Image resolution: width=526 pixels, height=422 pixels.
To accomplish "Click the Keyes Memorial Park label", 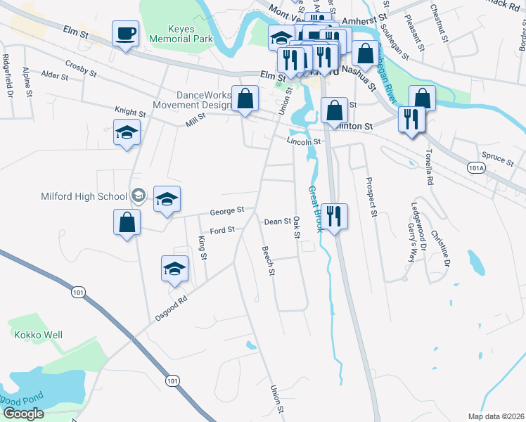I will [181, 34].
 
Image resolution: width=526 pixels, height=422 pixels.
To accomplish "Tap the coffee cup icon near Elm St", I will [125, 33].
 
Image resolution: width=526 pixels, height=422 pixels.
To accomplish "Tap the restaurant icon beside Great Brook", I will [334, 216].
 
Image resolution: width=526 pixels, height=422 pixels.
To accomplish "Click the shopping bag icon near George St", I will [127, 223].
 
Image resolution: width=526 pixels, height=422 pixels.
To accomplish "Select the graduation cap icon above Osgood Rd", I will [174, 268].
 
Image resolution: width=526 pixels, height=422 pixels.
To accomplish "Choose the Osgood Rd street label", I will [172, 308].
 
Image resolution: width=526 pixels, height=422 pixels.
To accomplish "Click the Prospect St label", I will [372, 196].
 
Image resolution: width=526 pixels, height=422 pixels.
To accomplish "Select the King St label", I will [203, 247].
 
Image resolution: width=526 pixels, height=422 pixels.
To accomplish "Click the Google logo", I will [23, 414].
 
